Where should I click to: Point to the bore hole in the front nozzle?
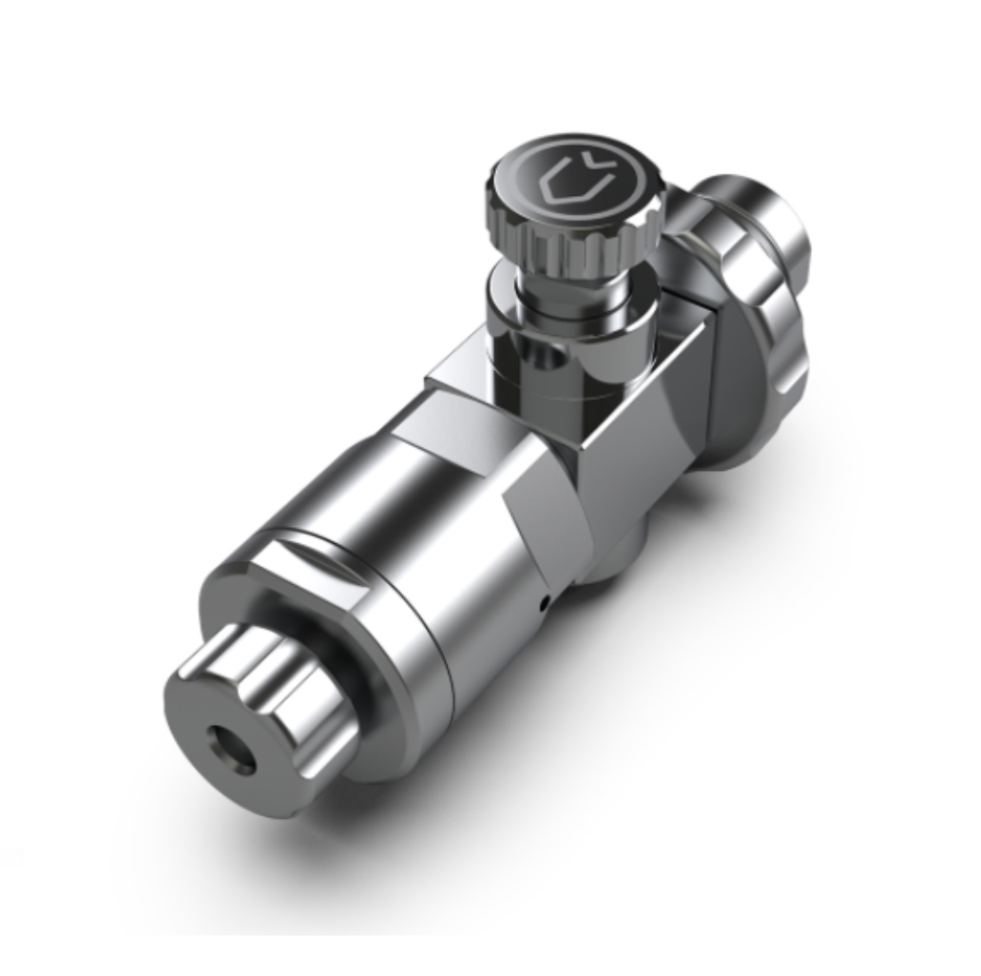click(232, 748)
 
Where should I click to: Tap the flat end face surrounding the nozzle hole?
click(204, 723)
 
